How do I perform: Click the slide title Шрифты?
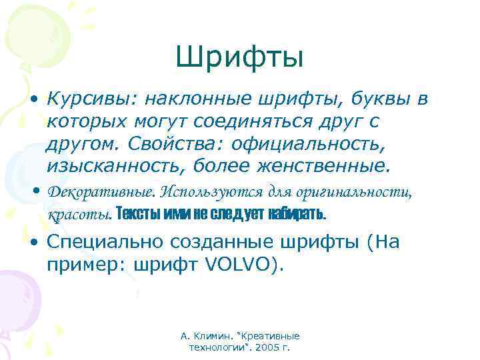click(240, 58)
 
